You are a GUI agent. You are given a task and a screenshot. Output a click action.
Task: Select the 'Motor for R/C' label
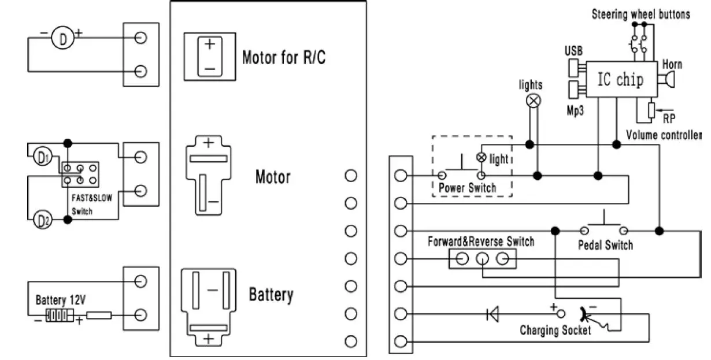point(283,57)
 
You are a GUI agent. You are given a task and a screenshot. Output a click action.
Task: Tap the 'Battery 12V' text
point(60,300)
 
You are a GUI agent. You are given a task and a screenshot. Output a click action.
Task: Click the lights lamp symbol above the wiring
point(534,101)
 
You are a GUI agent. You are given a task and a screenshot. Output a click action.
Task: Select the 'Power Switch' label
point(467,188)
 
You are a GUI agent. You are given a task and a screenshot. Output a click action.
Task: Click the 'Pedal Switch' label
point(605,245)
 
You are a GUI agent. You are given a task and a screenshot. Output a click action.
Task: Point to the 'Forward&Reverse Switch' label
point(480,241)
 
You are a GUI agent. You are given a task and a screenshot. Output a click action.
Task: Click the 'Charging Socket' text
point(555,331)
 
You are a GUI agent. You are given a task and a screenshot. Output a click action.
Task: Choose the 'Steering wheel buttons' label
point(640,14)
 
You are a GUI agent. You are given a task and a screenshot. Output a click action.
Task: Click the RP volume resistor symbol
point(651,110)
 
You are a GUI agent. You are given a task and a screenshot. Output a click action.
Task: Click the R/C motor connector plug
point(209,56)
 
